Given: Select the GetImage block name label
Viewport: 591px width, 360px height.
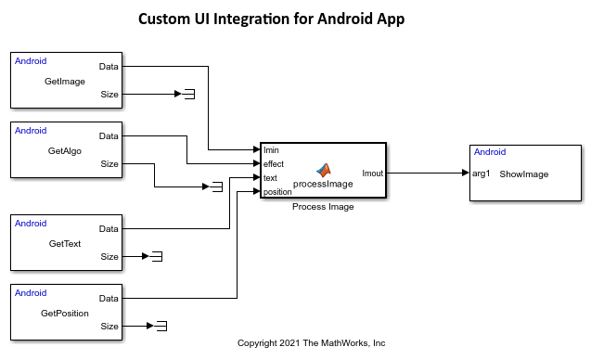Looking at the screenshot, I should [65, 81].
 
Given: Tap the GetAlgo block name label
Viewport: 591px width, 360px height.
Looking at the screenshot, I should [65, 150].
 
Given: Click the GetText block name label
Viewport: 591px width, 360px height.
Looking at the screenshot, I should [65, 243].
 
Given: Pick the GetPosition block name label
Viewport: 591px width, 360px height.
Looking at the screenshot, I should [65, 313].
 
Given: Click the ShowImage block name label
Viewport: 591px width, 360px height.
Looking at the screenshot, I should [523, 174].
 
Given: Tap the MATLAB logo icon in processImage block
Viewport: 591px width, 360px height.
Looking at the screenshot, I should [324, 170].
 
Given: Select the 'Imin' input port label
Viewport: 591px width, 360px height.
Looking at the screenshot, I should [271, 149].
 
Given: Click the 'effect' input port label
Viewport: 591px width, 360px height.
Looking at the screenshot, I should [274, 163].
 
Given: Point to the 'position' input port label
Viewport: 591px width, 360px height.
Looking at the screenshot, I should [277, 192].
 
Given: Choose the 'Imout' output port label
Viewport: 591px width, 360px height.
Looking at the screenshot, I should [372, 172].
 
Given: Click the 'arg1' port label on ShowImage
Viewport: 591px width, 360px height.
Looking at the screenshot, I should [481, 174].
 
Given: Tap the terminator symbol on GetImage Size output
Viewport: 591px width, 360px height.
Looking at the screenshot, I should [188, 94].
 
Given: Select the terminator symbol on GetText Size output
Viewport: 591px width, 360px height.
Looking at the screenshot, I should [157, 256].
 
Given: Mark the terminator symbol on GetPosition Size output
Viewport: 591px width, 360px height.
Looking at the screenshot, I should [161, 326].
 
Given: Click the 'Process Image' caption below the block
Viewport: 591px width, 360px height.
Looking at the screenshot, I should [323, 207].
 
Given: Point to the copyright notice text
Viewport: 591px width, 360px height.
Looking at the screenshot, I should [311, 343].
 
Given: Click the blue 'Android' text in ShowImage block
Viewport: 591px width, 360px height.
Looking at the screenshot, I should [490, 152].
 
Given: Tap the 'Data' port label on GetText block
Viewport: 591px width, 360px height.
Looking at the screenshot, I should [109, 228].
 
